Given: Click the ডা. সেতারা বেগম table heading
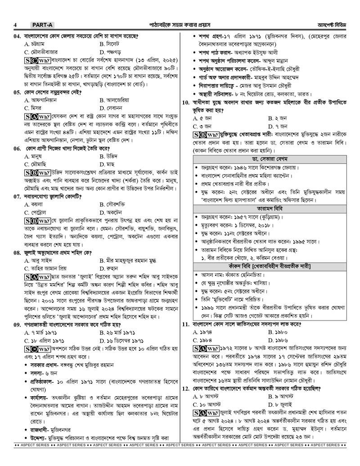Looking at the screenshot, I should (x=269, y=159).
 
